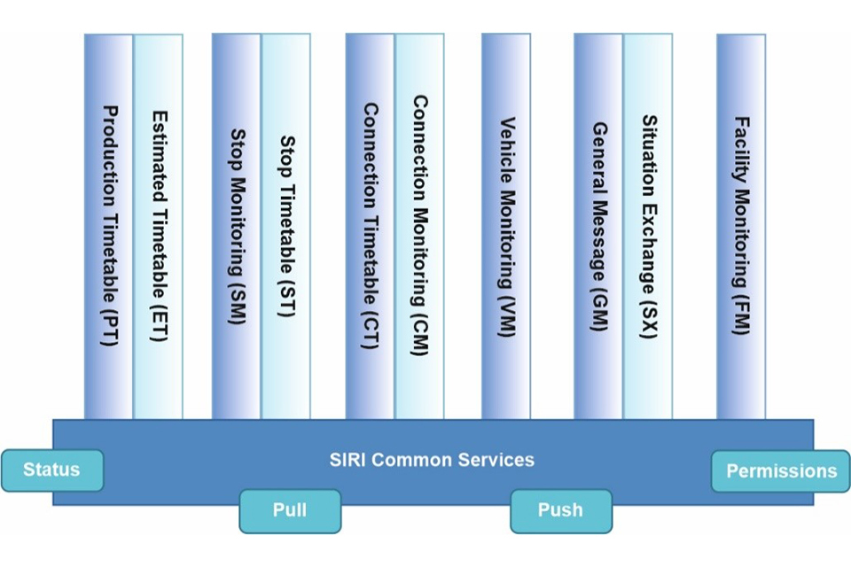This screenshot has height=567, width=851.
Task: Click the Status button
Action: [x=51, y=470]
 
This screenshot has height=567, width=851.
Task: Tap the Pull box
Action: [x=290, y=510]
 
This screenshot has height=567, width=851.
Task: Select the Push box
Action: [x=560, y=510]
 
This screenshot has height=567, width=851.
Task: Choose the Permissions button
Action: [x=781, y=471]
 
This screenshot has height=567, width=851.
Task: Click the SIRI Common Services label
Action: [x=432, y=460]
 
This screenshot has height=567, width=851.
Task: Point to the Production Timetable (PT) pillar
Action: [x=109, y=226]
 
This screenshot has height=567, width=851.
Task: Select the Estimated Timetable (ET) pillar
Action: [x=159, y=226]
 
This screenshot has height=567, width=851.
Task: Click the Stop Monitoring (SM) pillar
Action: [x=237, y=226]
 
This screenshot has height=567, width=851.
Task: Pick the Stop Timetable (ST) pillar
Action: [x=286, y=226]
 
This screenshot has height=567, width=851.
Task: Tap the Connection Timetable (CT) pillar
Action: [x=371, y=226]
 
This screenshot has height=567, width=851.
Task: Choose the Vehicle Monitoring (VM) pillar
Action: [x=506, y=226]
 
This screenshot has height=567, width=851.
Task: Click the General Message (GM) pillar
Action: [x=598, y=226]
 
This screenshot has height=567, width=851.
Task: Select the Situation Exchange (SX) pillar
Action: [x=648, y=226]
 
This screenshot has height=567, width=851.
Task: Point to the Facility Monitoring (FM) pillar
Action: [x=741, y=226]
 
